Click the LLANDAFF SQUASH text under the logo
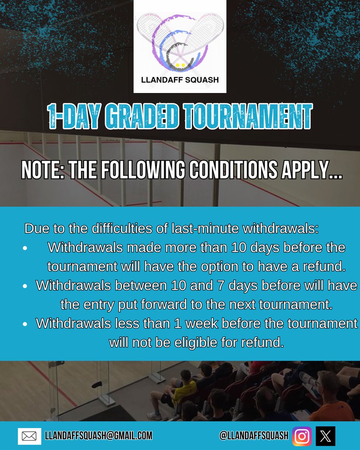180,79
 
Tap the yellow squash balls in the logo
180,64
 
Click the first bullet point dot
25,248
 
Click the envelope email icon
29,436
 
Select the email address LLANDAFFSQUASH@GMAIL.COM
99,436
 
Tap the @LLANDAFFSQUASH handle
254,436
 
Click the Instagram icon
302,436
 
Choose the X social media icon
325,436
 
